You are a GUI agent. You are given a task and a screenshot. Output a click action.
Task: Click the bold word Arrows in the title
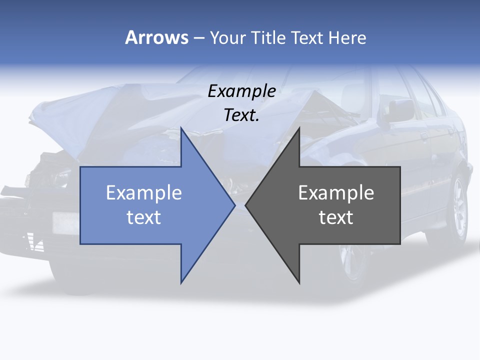click(156, 37)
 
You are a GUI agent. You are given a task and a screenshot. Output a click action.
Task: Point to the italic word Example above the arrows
click(242, 91)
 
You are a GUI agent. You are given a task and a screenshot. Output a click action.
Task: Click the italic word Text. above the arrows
click(242, 115)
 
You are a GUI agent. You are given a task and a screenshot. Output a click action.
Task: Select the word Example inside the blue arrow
click(144, 192)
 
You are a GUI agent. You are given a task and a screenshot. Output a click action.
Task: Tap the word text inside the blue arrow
click(144, 217)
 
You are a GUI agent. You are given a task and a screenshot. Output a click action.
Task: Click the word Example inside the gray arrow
click(336, 192)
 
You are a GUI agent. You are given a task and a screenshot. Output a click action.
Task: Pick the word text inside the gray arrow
click(336, 217)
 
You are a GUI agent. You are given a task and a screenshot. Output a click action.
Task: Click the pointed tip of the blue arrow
click(235, 205)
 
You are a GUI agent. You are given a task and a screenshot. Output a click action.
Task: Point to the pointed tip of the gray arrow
click(245, 205)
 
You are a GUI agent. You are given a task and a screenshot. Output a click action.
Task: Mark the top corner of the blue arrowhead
click(181, 127)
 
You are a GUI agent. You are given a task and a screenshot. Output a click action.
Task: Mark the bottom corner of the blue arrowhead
click(181, 283)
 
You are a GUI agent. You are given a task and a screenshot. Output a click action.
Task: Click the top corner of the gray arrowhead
click(299, 127)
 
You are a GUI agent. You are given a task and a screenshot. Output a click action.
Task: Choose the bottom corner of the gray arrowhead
click(299, 283)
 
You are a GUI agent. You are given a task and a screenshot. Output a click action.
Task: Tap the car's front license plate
click(65, 223)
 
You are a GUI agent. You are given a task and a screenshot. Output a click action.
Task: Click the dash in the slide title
click(198, 38)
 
